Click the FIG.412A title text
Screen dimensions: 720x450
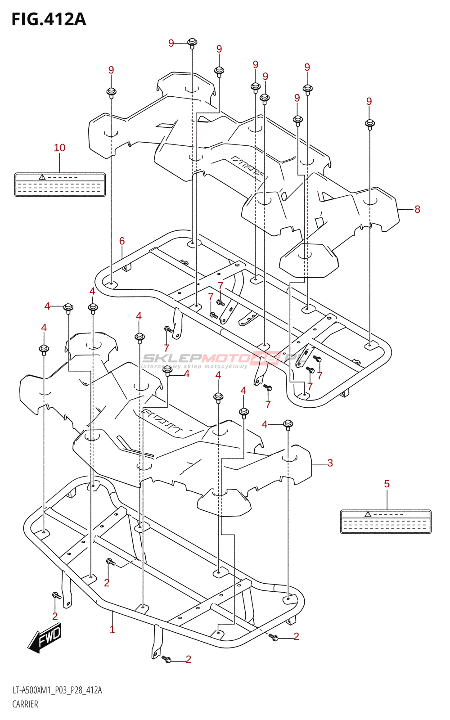[49, 19]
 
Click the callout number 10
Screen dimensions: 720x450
[59, 148]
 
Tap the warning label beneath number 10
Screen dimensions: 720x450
[60, 184]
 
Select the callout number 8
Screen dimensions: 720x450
[417, 209]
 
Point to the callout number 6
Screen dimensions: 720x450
[122, 241]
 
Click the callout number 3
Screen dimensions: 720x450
[330, 463]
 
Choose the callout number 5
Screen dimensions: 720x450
[387, 484]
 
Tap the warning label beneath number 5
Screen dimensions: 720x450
[386, 522]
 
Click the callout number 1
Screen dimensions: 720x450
[112, 630]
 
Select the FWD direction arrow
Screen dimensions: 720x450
[45, 637]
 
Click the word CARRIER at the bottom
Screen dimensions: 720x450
[25, 704]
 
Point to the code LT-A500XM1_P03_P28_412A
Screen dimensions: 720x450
[57, 690]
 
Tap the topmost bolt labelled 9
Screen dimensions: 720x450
[192, 43]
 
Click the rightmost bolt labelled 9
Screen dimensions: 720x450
[369, 123]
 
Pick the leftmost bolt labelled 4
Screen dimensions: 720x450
[44, 349]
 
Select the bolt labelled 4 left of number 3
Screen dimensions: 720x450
[288, 424]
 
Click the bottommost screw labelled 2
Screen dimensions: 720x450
[166, 659]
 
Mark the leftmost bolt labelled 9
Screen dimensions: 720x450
[111, 93]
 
